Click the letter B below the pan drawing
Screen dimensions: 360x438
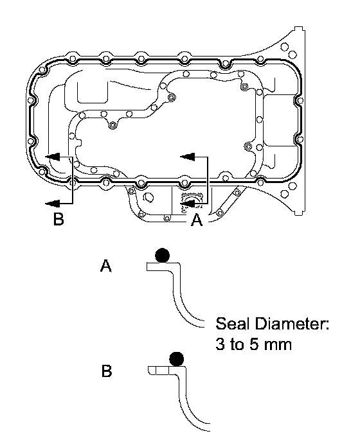coord(59,219)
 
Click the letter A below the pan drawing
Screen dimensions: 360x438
coord(197,220)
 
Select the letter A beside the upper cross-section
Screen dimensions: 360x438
coord(105,266)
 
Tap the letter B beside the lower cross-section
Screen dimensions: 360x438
coord(107,371)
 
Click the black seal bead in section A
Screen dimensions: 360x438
coord(162,255)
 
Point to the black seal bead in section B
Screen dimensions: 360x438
coord(177,359)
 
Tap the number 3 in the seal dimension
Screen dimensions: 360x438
coord(220,344)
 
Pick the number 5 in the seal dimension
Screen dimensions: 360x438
coord(253,344)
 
